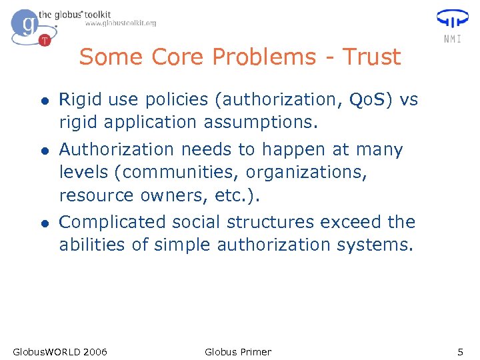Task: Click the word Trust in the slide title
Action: tap(371, 57)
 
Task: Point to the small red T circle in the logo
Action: tap(45, 40)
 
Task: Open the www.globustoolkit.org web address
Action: tap(121, 23)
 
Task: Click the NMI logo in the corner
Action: tap(451, 25)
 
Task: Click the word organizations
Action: tap(305, 173)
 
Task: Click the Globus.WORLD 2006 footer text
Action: tap(60, 351)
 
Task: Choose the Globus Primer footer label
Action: tap(238, 351)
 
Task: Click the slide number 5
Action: tap(459, 351)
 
